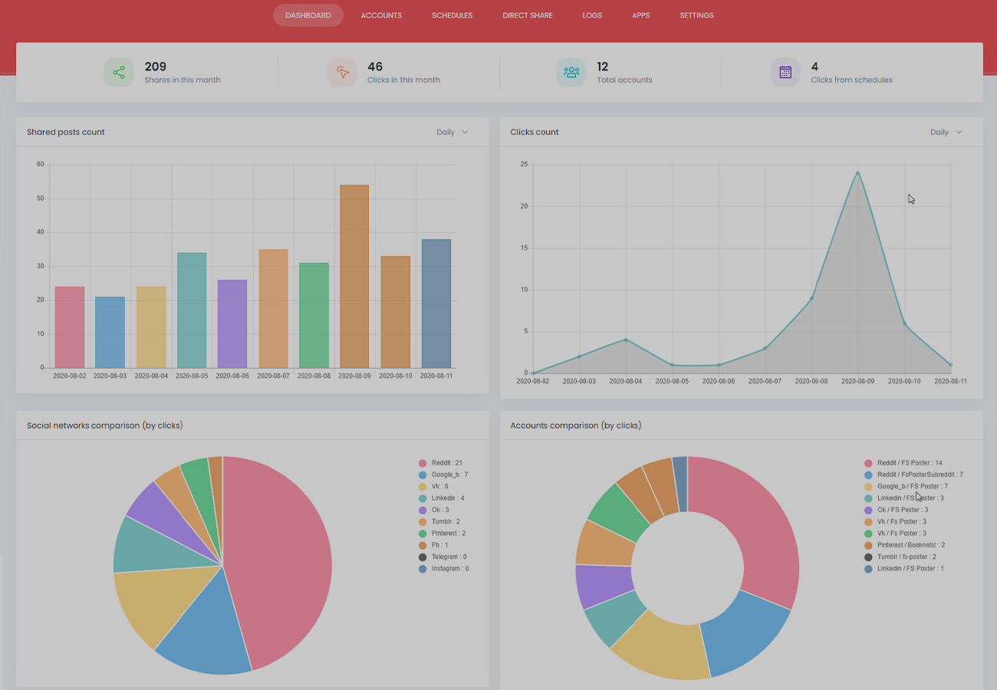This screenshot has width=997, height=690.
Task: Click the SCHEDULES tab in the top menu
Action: (x=452, y=15)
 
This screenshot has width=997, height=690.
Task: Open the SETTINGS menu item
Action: (x=696, y=15)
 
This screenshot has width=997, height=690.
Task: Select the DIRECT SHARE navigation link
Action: (x=527, y=15)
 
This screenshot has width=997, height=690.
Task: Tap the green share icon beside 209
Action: (x=119, y=73)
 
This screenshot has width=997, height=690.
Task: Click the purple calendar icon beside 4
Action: (x=785, y=73)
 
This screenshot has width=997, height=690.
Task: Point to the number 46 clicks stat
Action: (x=375, y=67)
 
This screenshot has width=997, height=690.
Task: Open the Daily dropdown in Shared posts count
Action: (x=452, y=133)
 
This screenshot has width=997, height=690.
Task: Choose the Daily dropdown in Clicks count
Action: (x=946, y=133)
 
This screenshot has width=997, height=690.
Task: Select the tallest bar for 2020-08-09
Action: (x=354, y=276)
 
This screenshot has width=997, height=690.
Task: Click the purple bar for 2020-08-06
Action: (x=232, y=324)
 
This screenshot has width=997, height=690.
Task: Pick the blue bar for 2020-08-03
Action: (x=110, y=332)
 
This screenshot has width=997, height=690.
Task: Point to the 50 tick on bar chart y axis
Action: (x=40, y=199)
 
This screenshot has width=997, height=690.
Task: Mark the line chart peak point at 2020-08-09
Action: (x=857, y=173)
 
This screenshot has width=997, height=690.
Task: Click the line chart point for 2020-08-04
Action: (x=626, y=340)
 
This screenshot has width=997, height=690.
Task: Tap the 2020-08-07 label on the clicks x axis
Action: (x=765, y=381)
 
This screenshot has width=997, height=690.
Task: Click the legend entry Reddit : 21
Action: (x=446, y=463)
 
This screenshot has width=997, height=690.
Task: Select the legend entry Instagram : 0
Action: (x=449, y=569)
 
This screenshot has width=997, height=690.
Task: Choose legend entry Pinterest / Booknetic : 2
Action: (x=911, y=545)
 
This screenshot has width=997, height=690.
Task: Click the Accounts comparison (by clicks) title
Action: (x=575, y=426)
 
